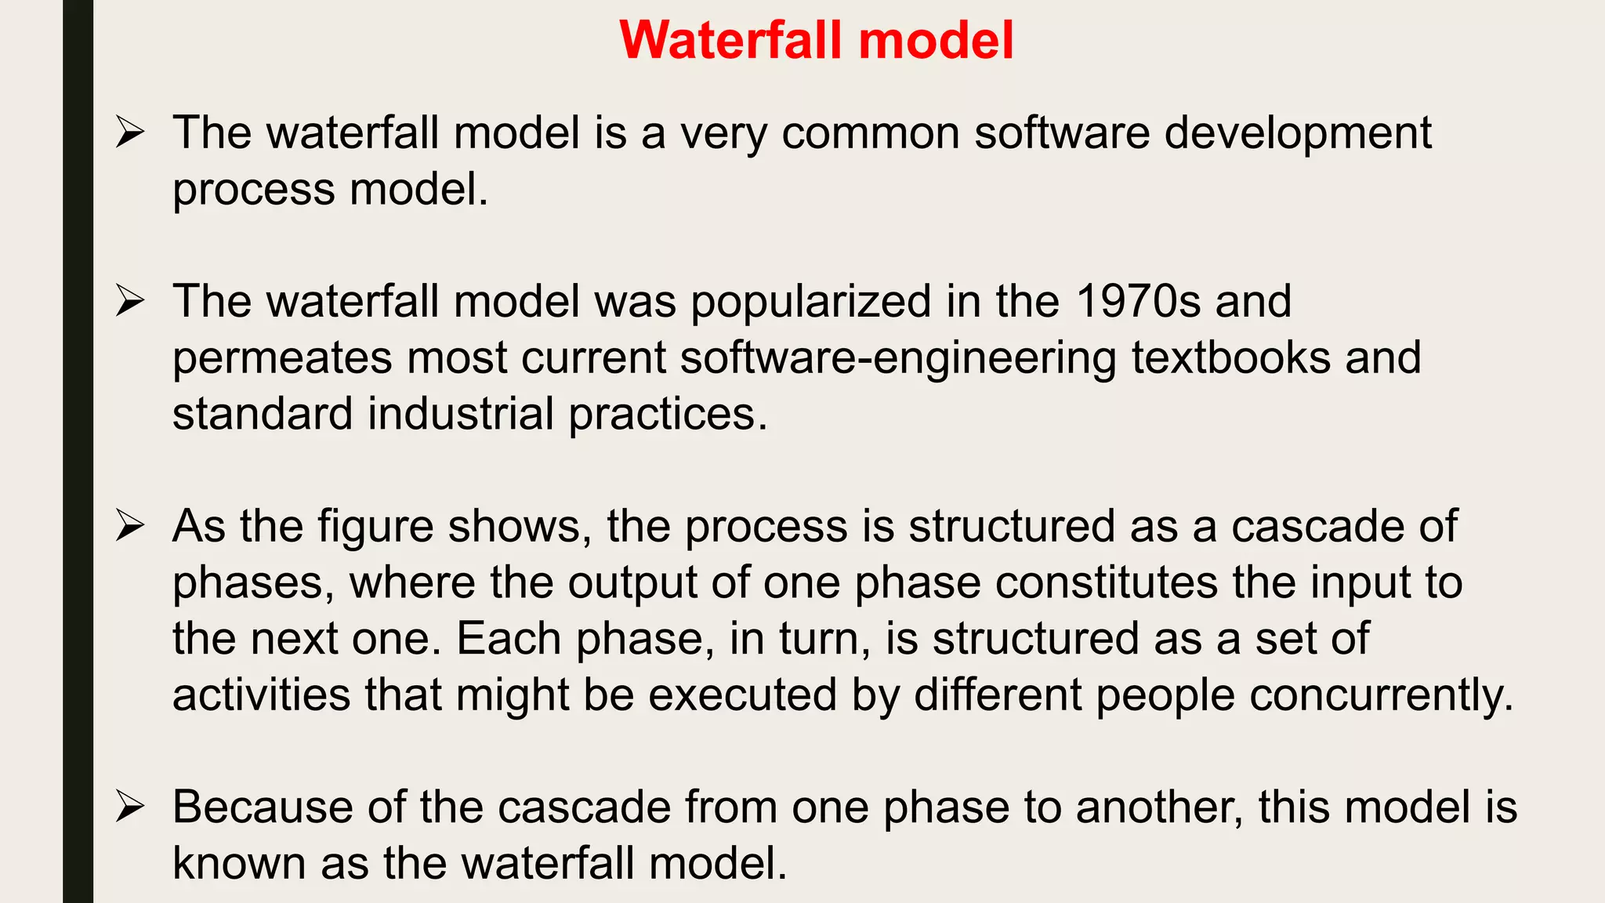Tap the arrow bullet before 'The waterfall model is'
click(x=129, y=132)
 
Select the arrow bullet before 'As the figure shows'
click(x=129, y=525)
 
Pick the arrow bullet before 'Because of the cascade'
click(x=129, y=806)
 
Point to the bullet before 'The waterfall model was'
click(x=129, y=300)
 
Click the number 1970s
click(x=1138, y=301)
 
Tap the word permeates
click(x=281, y=359)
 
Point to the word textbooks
click(x=1231, y=357)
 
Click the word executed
click(x=743, y=695)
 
